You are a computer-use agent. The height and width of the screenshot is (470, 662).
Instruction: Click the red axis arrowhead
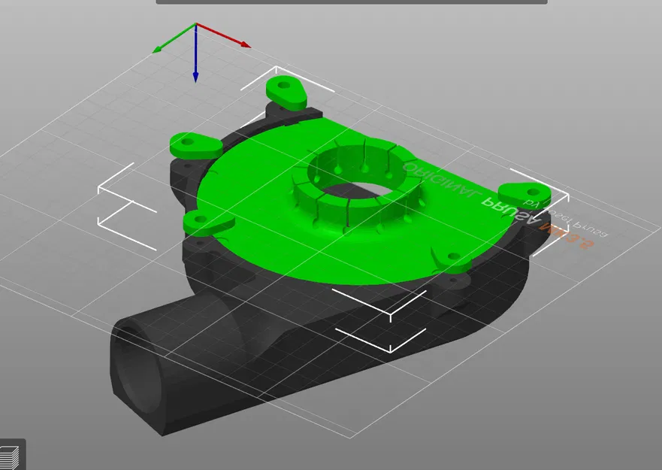[245, 45]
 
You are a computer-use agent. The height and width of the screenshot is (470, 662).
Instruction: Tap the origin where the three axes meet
[195, 26]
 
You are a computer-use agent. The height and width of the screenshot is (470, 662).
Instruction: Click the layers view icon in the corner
[11, 456]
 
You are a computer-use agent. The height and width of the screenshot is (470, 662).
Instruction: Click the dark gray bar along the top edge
[352, 2]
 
